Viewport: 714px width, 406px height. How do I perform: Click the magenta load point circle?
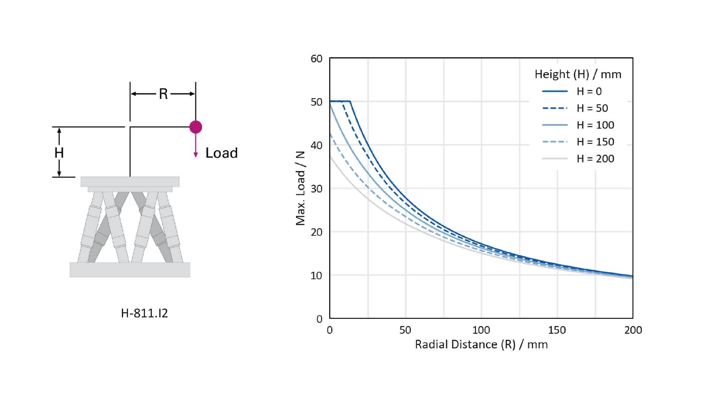(x=196, y=127)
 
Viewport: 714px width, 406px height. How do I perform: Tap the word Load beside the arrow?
(x=221, y=153)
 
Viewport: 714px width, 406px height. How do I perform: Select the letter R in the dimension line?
(x=163, y=94)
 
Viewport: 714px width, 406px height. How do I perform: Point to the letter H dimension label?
(x=59, y=153)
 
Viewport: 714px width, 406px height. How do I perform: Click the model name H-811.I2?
(x=144, y=313)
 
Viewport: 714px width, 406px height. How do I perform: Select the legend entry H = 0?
(x=589, y=91)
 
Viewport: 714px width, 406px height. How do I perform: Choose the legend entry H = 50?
(x=592, y=108)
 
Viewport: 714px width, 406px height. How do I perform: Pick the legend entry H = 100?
(x=595, y=125)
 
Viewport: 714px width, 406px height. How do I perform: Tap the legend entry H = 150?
(x=595, y=142)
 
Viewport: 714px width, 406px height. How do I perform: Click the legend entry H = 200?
(x=595, y=159)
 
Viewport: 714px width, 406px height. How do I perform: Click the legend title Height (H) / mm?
(x=578, y=74)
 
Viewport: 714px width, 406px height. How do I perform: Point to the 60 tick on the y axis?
(x=316, y=59)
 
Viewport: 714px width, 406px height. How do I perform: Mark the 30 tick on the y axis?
(x=316, y=189)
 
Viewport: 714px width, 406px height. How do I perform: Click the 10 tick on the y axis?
(x=316, y=275)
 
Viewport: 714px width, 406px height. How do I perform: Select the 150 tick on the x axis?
(x=557, y=330)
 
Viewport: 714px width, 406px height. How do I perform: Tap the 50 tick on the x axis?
(x=405, y=330)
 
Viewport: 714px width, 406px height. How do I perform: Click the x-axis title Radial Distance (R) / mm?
(x=481, y=345)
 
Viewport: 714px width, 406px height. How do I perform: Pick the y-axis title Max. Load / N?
(x=300, y=188)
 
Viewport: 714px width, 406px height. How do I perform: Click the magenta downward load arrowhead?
(x=196, y=155)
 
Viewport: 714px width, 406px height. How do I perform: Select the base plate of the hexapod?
(x=130, y=270)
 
